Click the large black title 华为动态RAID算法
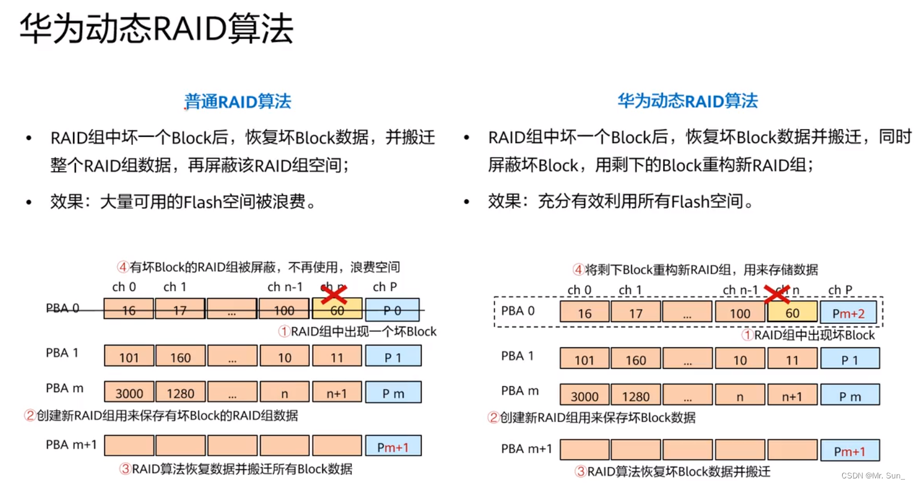click(x=157, y=29)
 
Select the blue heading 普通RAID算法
click(x=238, y=101)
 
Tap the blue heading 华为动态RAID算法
click(x=688, y=101)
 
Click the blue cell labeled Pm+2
click(x=848, y=313)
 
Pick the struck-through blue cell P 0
click(x=392, y=310)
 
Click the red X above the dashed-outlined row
click(x=777, y=294)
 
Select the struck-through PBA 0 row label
click(x=62, y=308)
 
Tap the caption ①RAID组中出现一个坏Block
click(x=358, y=332)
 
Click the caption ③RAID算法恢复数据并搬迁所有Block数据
click(x=236, y=469)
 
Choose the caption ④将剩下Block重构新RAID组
click(x=695, y=270)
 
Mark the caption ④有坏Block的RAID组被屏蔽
click(x=258, y=267)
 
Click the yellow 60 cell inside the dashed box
click(x=792, y=313)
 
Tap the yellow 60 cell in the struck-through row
click(x=337, y=310)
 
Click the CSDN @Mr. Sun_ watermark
click(x=873, y=475)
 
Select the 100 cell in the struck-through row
click(x=284, y=310)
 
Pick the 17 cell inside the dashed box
click(x=635, y=313)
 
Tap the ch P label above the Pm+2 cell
click(x=840, y=290)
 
